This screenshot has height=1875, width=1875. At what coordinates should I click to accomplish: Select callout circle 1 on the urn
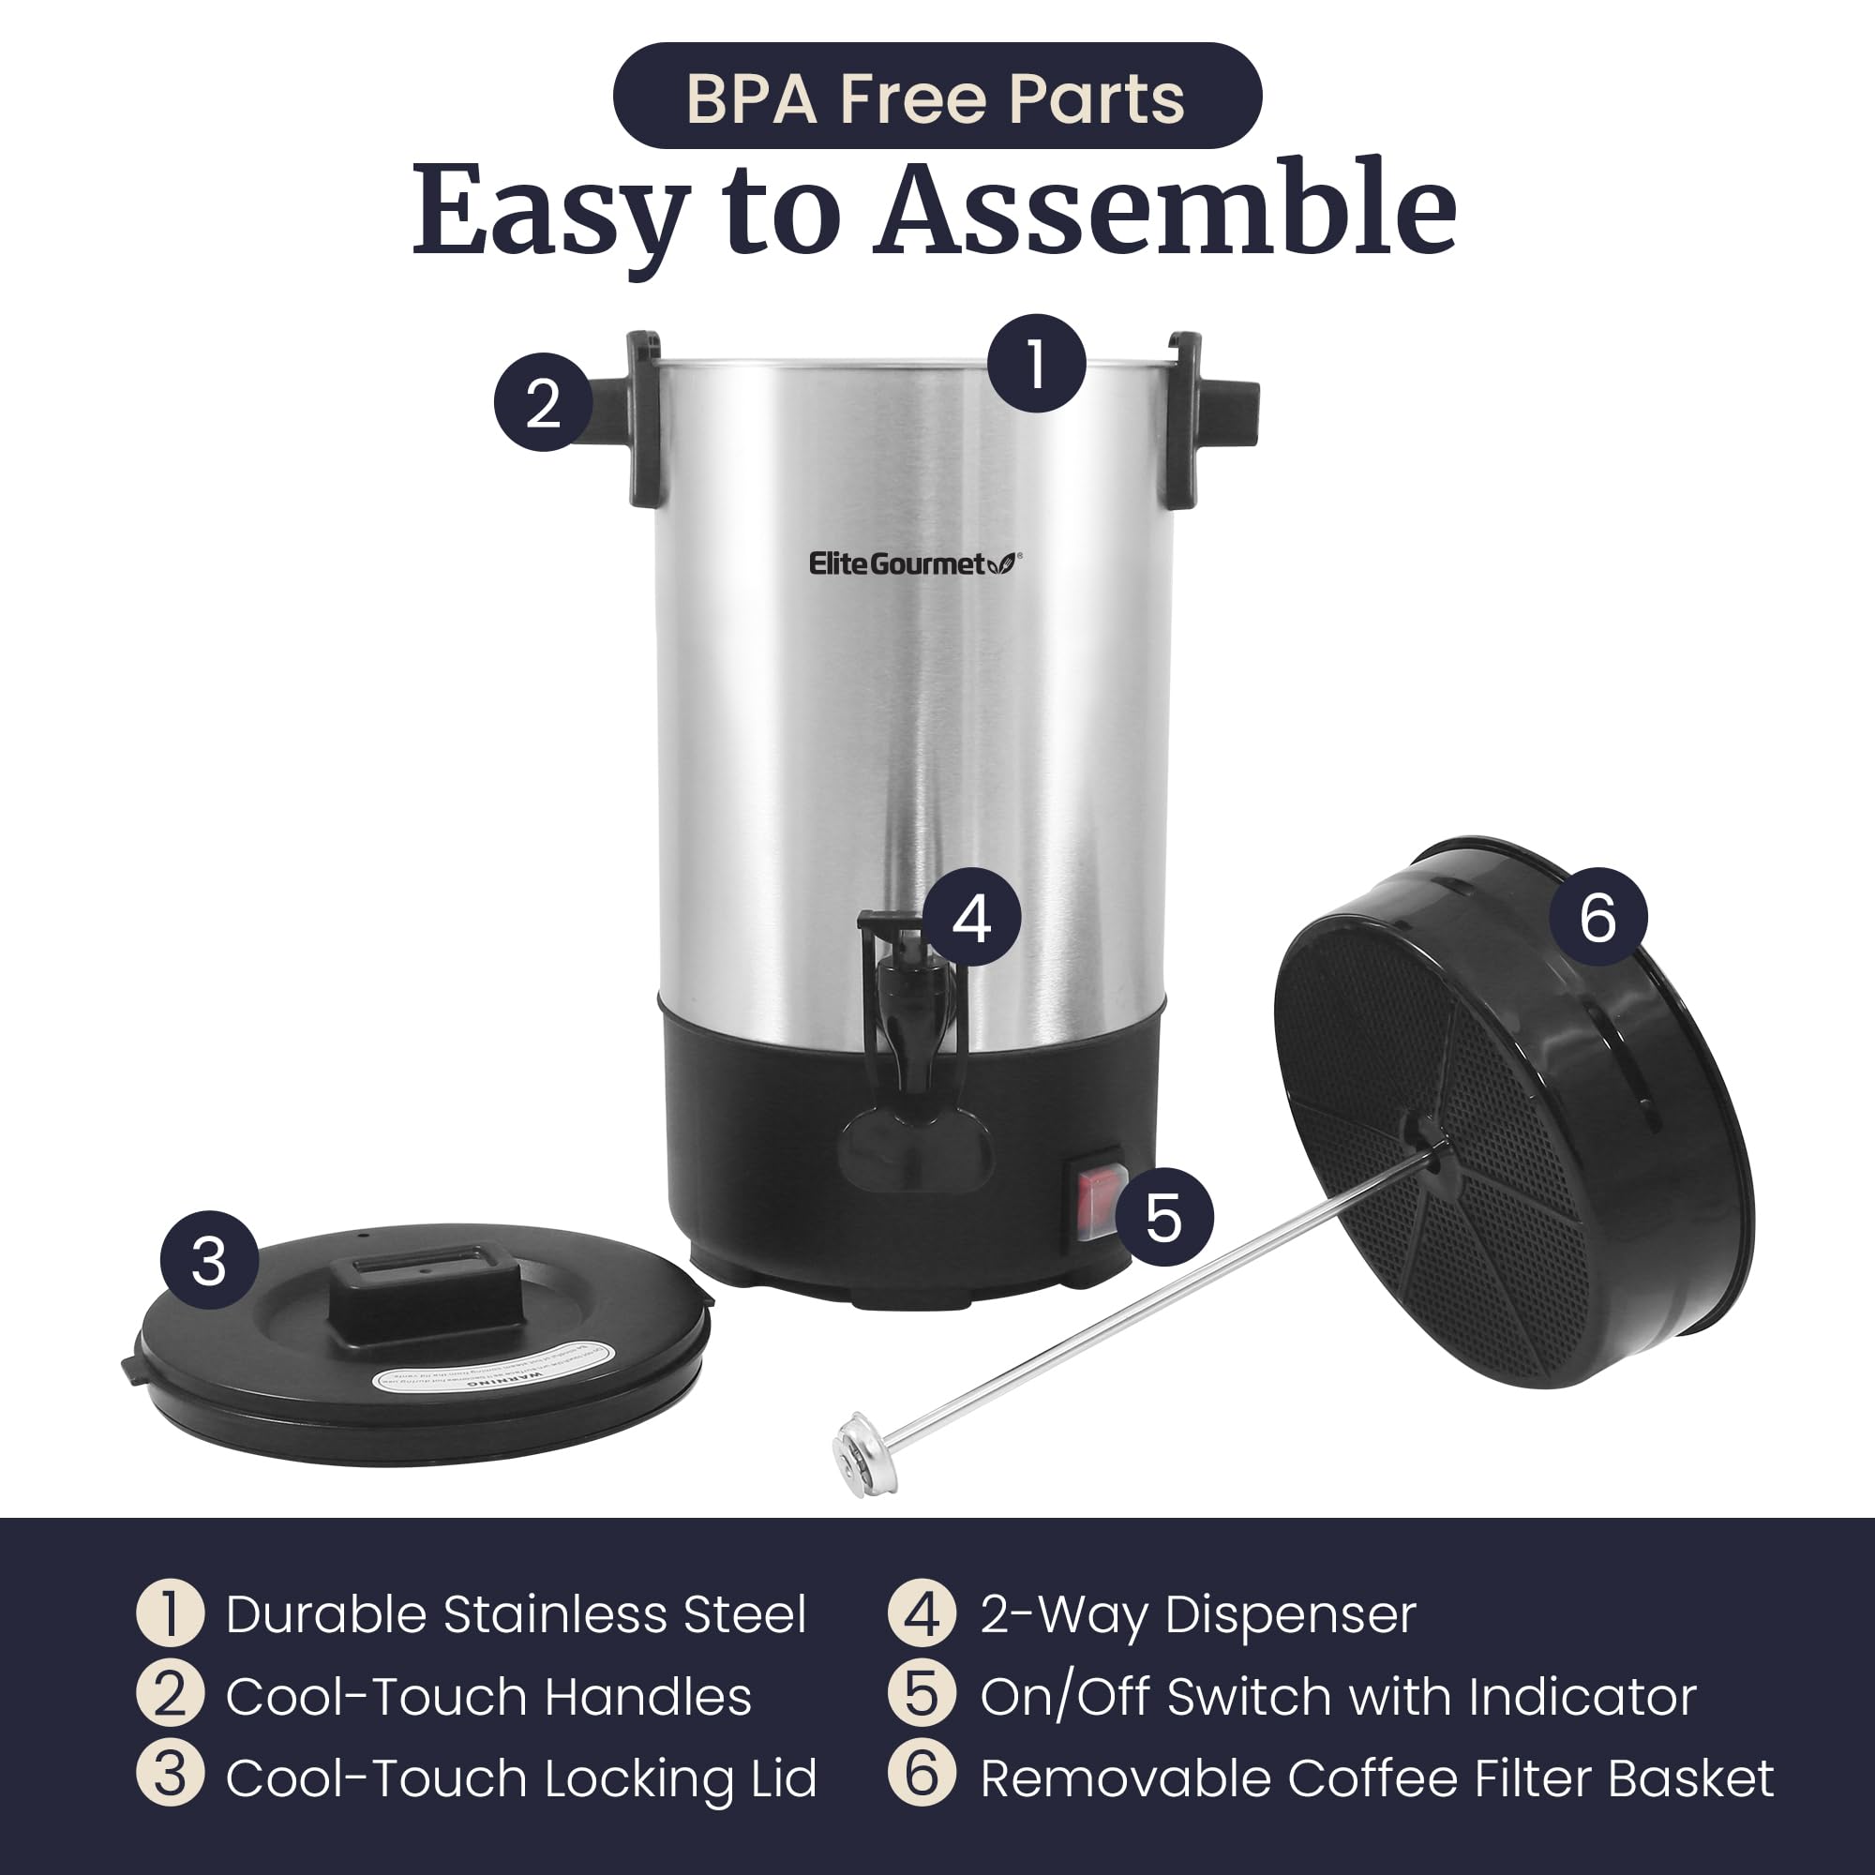[x=1037, y=363]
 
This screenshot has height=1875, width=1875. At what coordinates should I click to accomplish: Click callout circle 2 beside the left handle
[x=543, y=402]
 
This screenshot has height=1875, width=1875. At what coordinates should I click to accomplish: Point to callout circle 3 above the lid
[x=209, y=1261]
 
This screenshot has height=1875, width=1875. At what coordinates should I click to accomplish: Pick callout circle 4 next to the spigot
[x=971, y=917]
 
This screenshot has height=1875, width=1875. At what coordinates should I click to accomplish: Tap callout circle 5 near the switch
[x=1163, y=1217]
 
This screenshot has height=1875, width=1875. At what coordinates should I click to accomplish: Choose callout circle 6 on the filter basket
[x=1597, y=915]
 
